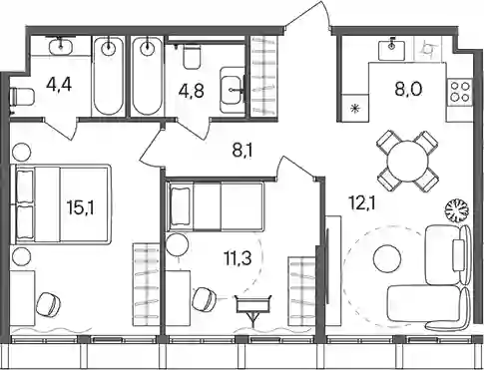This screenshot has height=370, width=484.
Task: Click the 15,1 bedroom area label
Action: (81, 208)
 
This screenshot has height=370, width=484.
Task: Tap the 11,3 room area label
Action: (238, 258)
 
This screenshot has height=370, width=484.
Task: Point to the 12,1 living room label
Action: (362, 202)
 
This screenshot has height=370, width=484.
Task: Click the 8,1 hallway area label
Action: (242, 152)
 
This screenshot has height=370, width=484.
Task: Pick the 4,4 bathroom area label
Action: (59, 86)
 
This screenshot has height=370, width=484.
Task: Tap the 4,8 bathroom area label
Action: (192, 91)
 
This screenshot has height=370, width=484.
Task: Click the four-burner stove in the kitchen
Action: (460, 92)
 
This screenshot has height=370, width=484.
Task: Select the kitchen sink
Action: (391, 49)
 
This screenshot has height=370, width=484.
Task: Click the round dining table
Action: (407, 162)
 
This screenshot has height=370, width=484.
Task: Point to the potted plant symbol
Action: (457, 210)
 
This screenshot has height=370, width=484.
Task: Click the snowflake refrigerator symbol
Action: (355, 108)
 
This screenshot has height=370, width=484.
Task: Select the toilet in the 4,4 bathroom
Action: (22, 97)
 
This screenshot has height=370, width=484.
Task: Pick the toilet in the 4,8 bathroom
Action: (192, 57)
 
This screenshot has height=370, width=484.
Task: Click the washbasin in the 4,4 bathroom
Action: (61, 47)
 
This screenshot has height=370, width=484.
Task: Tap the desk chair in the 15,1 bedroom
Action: (49, 304)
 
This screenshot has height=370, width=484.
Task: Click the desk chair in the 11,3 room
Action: (205, 298)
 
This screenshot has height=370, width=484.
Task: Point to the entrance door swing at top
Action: (307, 15)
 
